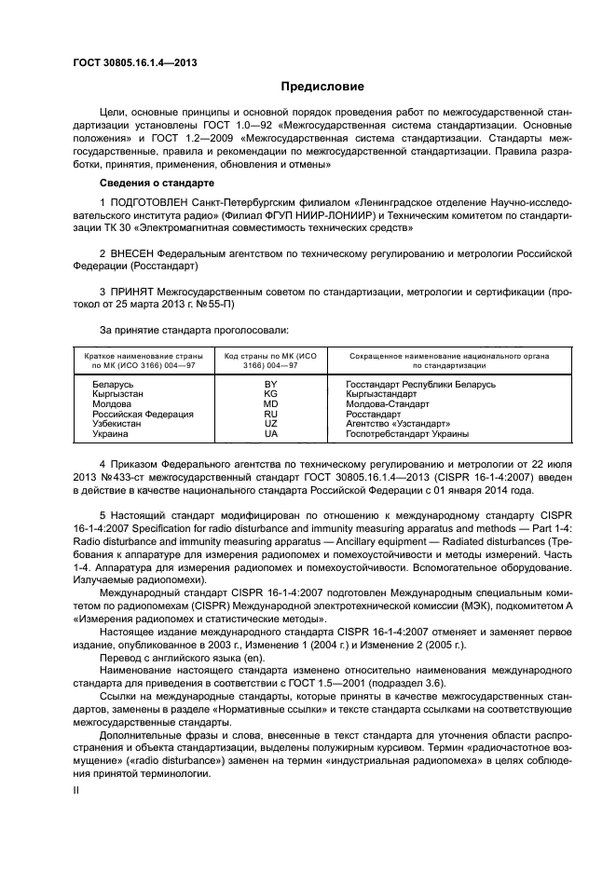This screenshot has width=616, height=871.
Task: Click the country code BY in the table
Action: point(271,384)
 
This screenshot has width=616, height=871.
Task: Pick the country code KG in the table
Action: point(271,394)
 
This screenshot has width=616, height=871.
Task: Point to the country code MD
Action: point(271,404)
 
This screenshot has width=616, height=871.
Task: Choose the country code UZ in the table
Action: point(271,424)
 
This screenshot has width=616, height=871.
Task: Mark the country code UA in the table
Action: point(271,434)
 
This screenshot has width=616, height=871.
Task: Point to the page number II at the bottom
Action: point(77,789)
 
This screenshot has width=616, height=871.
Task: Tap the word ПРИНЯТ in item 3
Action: point(132,293)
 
